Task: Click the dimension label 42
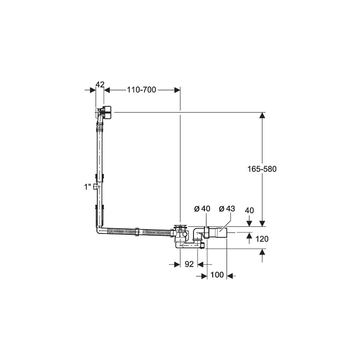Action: tap(100, 84)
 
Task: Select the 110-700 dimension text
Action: tap(142, 90)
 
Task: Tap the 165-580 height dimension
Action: tap(262, 169)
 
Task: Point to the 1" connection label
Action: tap(88, 187)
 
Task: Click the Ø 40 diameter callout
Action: tap(202, 209)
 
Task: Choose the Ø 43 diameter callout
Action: tap(227, 209)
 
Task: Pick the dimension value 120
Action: tap(262, 239)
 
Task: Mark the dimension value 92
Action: tap(189, 264)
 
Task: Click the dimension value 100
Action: tap(217, 275)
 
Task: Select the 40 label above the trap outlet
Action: tap(249, 211)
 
